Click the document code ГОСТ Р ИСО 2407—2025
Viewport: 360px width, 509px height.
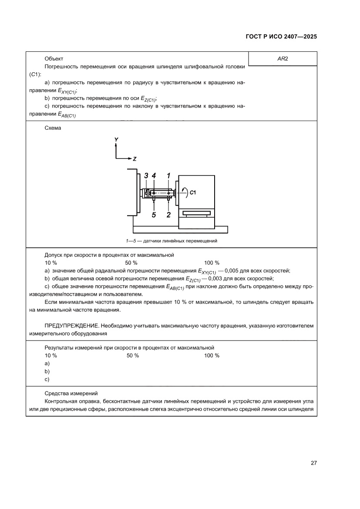click(281, 37)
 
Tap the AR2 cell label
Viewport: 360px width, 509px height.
click(283, 59)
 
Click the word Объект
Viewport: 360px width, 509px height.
click(54, 59)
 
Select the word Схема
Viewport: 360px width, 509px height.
click(53, 128)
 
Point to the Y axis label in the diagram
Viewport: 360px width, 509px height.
click(116, 139)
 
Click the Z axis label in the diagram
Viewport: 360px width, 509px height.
click(135, 159)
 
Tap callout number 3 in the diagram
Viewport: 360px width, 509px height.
click(146, 175)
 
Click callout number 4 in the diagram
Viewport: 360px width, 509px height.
click(154, 175)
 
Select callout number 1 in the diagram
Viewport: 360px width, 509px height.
click(168, 175)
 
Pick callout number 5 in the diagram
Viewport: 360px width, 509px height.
click(154, 214)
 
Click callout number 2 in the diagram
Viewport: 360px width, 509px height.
click(168, 214)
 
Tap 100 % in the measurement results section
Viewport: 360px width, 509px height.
click(212, 356)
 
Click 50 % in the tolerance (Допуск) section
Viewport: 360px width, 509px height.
click(131, 263)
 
